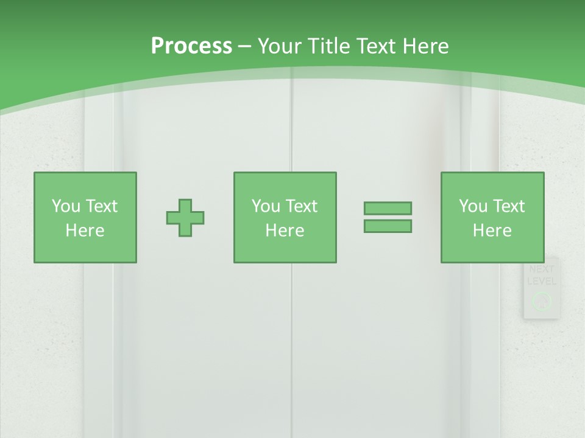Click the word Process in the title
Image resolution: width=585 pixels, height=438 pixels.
coord(191,46)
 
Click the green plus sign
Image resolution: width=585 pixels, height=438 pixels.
coord(185,218)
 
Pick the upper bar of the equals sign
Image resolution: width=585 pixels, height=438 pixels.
coord(388,208)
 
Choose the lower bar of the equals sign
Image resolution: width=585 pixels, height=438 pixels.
coord(388,226)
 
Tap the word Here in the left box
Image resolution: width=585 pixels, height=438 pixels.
coord(85,231)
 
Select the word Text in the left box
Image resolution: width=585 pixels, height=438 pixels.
coord(102,206)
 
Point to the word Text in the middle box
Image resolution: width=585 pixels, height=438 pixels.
coord(302,206)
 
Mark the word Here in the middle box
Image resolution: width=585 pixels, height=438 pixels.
coord(285,231)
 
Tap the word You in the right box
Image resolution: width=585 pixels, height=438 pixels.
coord(473,206)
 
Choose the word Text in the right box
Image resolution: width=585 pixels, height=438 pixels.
coord(509,206)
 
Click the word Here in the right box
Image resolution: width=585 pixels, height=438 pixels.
coord(492,231)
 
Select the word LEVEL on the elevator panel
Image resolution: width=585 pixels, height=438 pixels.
coord(541,281)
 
